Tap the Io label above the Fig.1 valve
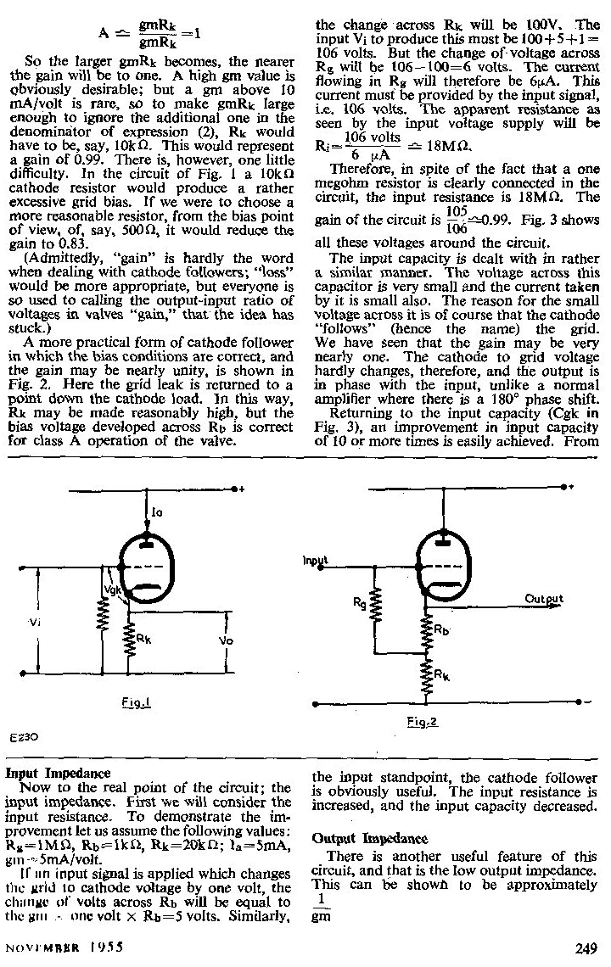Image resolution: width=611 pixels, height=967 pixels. (156, 512)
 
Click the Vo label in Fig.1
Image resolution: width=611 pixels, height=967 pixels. (226, 640)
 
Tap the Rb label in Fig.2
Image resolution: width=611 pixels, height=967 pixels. (442, 631)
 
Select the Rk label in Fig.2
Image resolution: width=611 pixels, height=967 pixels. (442, 674)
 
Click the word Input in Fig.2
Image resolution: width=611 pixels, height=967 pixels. (314, 561)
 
